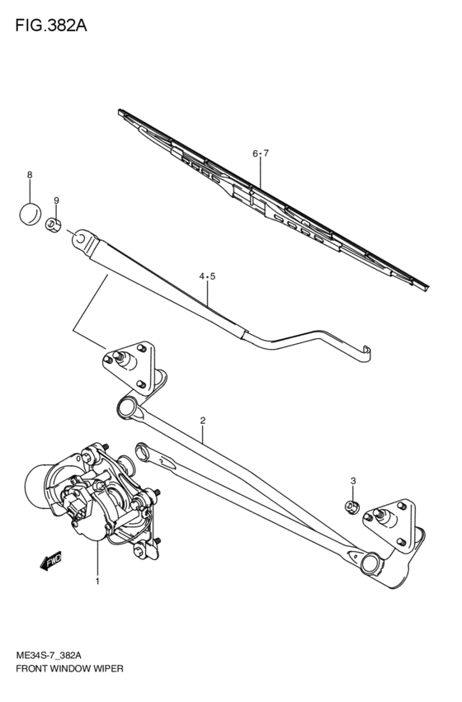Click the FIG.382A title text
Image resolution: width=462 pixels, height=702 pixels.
pyautogui.click(x=50, y=26)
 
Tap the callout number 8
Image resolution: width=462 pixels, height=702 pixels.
pyautogui.click(x=30, y=175)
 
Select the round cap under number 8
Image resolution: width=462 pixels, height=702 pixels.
pyautogui.click(x=31, y=213)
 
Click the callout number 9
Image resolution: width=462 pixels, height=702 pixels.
pyautogui.click(x=56, y=200)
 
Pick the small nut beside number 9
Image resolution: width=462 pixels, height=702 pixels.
pyautogui.click(x=54, y=224)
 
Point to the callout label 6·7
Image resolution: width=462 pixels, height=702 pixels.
pyautogui.click(x=261, y=153)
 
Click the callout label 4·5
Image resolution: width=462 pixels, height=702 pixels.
pyautogui.click(x=206, y=276)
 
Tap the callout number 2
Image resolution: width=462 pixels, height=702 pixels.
pyautogui.click(x=201, y=421)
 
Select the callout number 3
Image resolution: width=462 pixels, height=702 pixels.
pyautogui.click(x=352, y=481)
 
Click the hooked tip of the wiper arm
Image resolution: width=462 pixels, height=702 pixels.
pyautogui.click(x=367, y=352)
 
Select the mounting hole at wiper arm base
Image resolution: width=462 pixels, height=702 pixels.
pyautogui.click(x=81, y=238)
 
